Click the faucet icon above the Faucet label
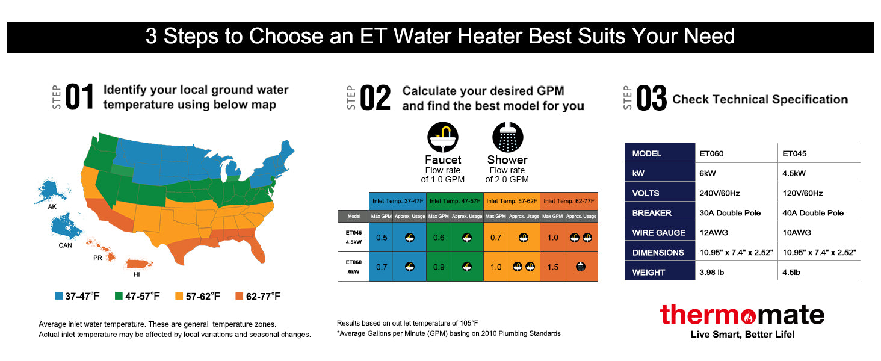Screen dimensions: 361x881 tap(442, 137)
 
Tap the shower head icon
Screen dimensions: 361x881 tap(507, 137)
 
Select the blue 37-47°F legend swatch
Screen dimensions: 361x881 tap(58, 296)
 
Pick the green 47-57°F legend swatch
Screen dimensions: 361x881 tap(119, 296)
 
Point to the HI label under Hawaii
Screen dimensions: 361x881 tap(137, 274)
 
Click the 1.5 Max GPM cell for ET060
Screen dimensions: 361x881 tap(552, 267)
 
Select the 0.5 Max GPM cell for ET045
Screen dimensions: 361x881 tap(381, 238)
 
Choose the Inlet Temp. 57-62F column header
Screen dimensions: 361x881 tap(512, 200)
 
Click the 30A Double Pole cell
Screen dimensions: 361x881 tap(730, 212)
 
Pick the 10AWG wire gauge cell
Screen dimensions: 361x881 tap(794, 232)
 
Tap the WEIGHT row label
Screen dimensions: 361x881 tap(649, 272)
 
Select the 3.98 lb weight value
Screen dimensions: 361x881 tap(712, 272)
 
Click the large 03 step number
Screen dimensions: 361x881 tap(652, 99)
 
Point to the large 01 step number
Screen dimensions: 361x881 tap(80, 97)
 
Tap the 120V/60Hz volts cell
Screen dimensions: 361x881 tap(802, 193)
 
